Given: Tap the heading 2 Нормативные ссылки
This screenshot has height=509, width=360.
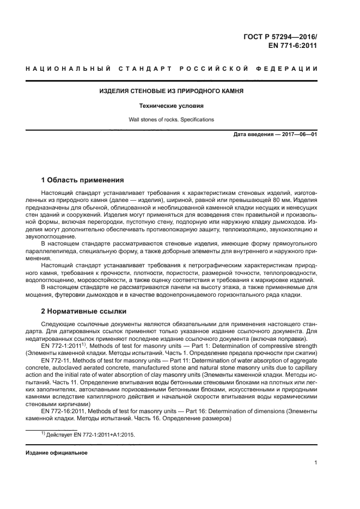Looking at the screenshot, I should click(x=84, y=311).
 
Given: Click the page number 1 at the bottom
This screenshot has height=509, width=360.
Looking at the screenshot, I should click(x=315, y=463).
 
